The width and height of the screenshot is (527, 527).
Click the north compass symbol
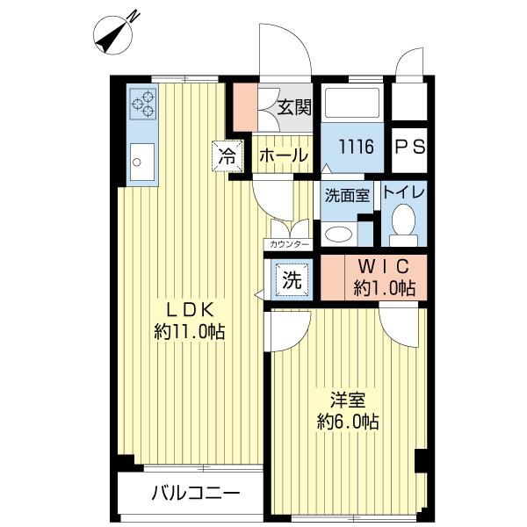pyautogui.click(x=113, y=34)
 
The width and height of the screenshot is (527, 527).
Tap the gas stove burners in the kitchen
pyautogui.click(x=143, y=104)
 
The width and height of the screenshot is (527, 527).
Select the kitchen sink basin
pyautogui.click(x=142, y=162)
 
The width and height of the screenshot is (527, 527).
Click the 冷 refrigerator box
pyautogui.click(x=227, y=156)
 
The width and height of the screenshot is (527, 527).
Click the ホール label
pyautogui.click(x=284, y=156)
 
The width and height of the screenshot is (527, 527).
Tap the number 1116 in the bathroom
pyautogui.click(x=356, y=147)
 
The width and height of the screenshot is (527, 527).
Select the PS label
pyautogui.click(x=409, y=148)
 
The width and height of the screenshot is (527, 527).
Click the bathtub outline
pyautogui.click(x=351, y=103)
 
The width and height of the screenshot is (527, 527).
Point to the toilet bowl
pyautogui.click(x=403, y=220)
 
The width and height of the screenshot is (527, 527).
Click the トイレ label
pyautogui.click(x=404, y=192)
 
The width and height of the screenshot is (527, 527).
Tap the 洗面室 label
pyautogui.click(x=348, y=196)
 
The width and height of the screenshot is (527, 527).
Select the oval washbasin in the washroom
pyautogui.click(x=339, y=234)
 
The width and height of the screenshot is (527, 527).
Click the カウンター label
pyautogui.click(x=289, y=244)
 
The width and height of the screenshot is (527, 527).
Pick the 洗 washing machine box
pyautogui.click(x=292, y=280)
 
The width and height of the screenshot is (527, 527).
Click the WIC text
pyautogui.click(x=384, y=267)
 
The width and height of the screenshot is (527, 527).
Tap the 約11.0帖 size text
pyautogui.click(x=189, y=332)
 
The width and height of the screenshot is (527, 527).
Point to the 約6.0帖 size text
pyautogui.click(x=348, y=422)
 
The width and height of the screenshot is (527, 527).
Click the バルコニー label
pyautogui.click(x=196, y=494)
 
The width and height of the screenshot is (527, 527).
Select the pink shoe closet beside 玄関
pyautogui.click(x=246, y=107)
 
